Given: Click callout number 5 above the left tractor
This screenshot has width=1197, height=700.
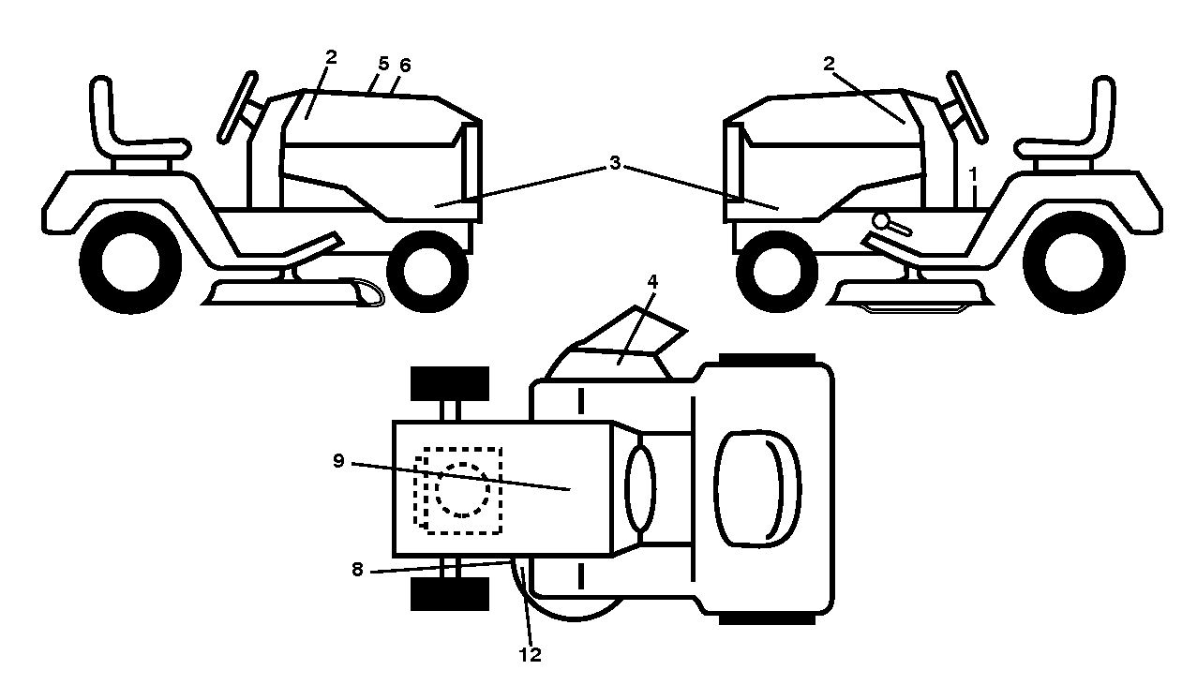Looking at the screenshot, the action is pyautogui.click(x=383, y=64).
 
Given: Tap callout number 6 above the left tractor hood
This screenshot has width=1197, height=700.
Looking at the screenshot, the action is pyautogui.click(x=405, y=66).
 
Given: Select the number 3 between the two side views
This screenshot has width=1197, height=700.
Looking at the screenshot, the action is pyautogui.click(x=615, y=163).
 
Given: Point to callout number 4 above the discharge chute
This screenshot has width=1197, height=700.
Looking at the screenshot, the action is pyautogui.click(x=652, y=282).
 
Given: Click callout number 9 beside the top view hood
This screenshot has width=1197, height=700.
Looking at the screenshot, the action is pyautogui.click(x=338, y=461).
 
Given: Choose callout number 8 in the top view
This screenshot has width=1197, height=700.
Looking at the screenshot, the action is pyautogui.click(x=357, y=570).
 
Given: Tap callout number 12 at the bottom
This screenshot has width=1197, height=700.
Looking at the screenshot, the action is pyautogui.click(x=531, y=655).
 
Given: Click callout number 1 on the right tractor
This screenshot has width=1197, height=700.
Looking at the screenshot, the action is pyautogui.click(x=973, y=174).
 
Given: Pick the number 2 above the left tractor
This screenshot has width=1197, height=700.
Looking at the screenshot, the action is pyautogui.click(x=331, y=57).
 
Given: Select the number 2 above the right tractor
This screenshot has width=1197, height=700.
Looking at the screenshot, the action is pyautogui.click(x=829, y=64).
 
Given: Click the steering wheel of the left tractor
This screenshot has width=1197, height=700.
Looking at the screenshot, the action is pyautogui.click(x=238, y=107).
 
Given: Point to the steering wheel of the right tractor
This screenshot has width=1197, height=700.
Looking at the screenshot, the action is pyautogui.click(x=967, y=107).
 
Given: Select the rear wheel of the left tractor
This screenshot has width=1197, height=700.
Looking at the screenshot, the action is pyautogui.click(x=130, y=262).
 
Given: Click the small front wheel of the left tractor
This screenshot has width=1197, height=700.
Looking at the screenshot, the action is pyautogui.click(x=427, y=272).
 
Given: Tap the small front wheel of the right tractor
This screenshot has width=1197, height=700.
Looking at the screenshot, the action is pyautogui.click(x=777, y=272).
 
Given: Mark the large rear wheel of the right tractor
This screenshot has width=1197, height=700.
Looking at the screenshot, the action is pyautogui.click(x=1074, y=262).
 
